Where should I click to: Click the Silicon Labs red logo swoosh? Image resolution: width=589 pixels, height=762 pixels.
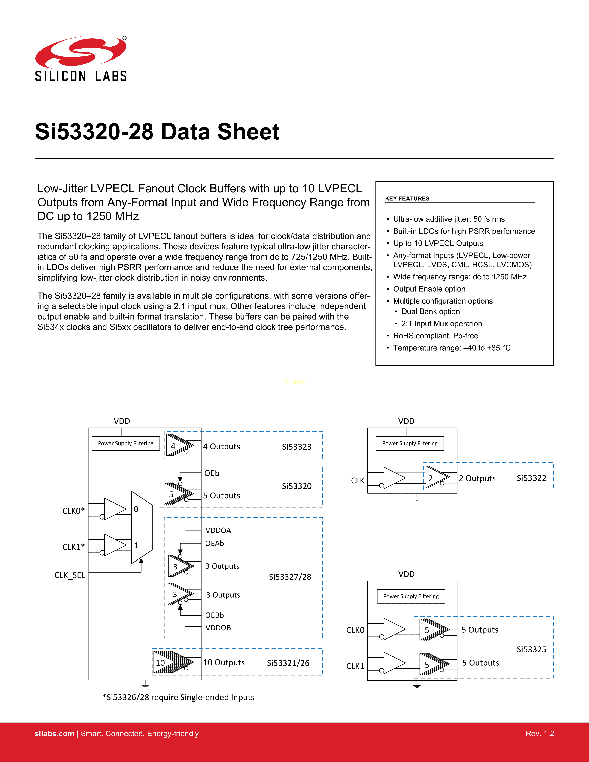point(81,52)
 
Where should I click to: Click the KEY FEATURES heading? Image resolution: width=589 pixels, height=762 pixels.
point(407,199)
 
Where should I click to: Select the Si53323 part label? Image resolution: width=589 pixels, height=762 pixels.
point(297,447)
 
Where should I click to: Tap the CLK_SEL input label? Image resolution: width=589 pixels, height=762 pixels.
point(70,575)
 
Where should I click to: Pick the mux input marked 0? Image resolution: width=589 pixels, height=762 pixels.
point(136,509)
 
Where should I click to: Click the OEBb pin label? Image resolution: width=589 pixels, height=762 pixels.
point(214,615)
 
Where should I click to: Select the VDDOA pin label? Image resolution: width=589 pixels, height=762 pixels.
point(218,530)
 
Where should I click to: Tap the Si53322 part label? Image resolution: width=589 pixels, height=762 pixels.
point(531,478)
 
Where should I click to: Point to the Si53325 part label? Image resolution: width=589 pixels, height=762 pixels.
point(531,649)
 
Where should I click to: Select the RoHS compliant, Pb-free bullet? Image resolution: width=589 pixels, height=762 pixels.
point(435,336)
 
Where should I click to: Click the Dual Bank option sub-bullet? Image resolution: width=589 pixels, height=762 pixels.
point(431,311)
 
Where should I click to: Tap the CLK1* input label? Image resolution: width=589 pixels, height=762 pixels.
point(73,547)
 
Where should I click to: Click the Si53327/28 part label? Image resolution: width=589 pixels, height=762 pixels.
point(290,577)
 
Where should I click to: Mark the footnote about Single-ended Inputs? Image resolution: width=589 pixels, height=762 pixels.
point(178,697)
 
